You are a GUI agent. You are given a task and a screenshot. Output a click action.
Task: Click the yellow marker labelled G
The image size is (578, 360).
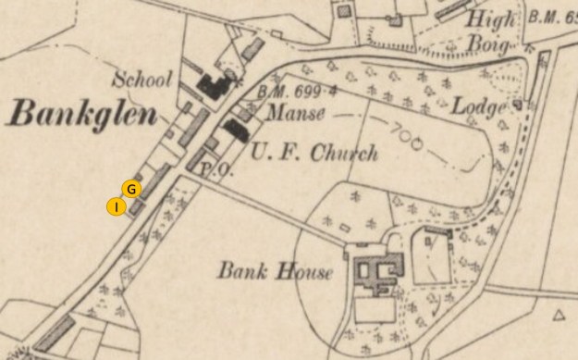point(131,189)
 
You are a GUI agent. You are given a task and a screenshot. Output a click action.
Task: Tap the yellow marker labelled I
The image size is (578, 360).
point(116,207)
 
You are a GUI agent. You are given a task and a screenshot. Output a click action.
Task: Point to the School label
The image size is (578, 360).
point(141,79)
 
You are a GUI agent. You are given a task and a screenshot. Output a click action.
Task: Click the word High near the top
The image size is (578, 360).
point(489,18)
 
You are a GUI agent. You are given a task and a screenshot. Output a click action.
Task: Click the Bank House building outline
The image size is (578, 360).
point(377,273)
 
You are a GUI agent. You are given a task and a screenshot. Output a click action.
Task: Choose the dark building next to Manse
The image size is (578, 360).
point(235,128)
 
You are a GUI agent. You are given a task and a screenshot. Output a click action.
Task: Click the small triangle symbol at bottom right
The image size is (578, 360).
point(559,316)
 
